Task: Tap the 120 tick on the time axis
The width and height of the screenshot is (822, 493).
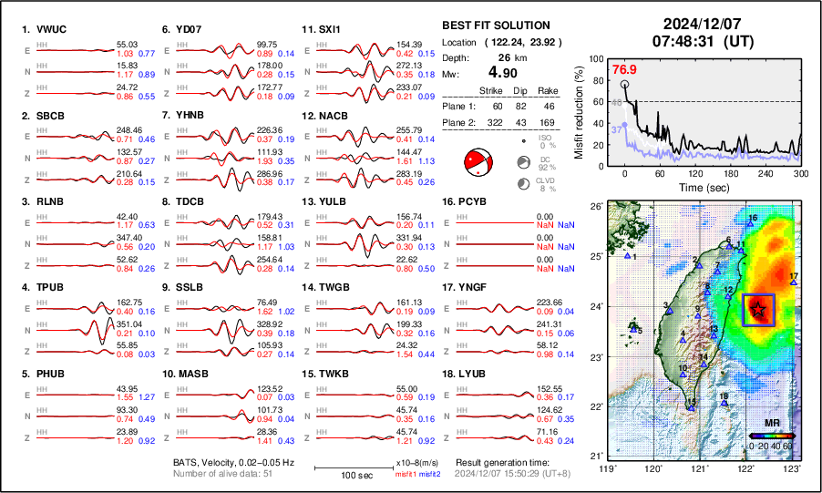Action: click(x=695, y=173)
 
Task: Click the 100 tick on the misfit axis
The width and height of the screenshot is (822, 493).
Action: click(x=598, y=58)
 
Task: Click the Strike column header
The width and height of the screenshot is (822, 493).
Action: click(x=491, y=90)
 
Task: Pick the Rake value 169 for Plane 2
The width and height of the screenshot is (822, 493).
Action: click(x=548, y=121)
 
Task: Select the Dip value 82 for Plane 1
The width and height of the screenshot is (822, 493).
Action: click(x=520, y=106)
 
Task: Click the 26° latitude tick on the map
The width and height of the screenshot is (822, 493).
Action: click(x=596, y=207)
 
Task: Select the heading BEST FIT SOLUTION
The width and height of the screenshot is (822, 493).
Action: click(x=496, y=26)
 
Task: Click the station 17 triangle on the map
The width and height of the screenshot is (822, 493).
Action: click(x=794, y=282)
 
